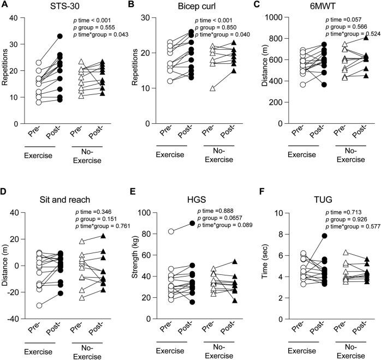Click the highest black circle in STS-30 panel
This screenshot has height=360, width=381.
pyautogui.click(x=60, y=37)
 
